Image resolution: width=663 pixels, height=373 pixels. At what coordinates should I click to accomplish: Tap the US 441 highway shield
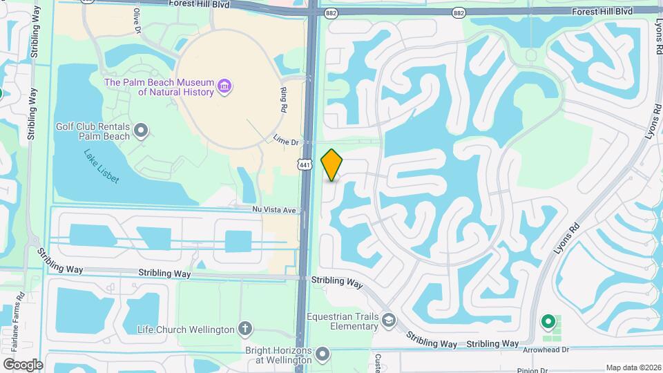pyautogui.click(x=304, y=164)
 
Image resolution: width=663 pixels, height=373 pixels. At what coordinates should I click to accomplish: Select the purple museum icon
pyautogui.click(x=224, y=86)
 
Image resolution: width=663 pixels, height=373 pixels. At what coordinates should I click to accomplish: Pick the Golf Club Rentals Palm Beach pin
pyautogui.click(x=142, y=130)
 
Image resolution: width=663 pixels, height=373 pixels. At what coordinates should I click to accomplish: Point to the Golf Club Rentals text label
pyautogui.click(x=92, y=131)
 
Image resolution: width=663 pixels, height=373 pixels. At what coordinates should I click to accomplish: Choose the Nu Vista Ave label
pyautogui.click(x=274, y=209)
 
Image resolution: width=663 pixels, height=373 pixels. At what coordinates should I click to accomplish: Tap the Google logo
pyautogui.click(x=23, y=364)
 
